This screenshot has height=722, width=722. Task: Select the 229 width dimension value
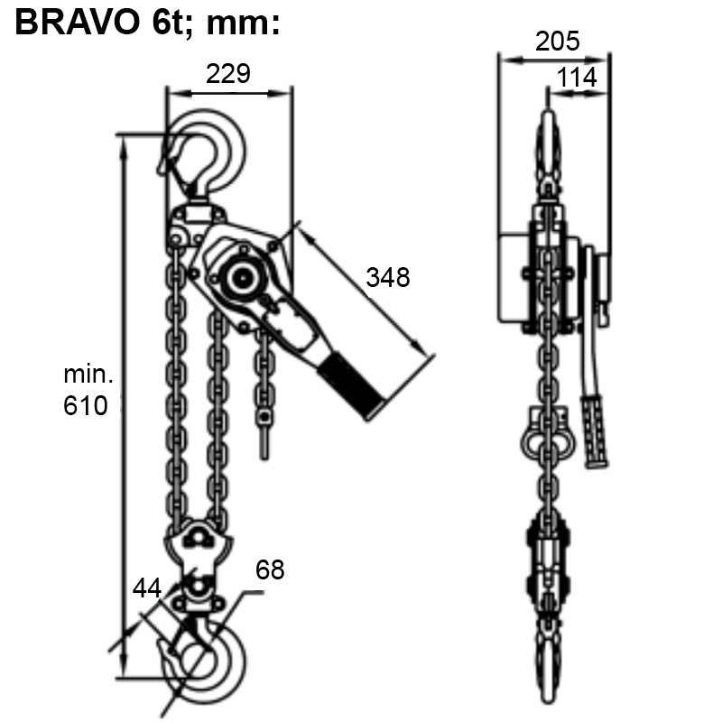pos(227,73)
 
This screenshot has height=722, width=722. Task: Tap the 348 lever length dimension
pos(388,277)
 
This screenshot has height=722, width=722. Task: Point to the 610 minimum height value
pos(86,405)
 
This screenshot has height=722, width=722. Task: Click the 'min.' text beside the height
pos(88,373)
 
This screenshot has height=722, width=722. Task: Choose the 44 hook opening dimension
pos(147,588)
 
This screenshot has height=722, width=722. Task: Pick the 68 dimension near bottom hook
pos(270,569)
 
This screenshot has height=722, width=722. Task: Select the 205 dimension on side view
pos(557,41)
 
